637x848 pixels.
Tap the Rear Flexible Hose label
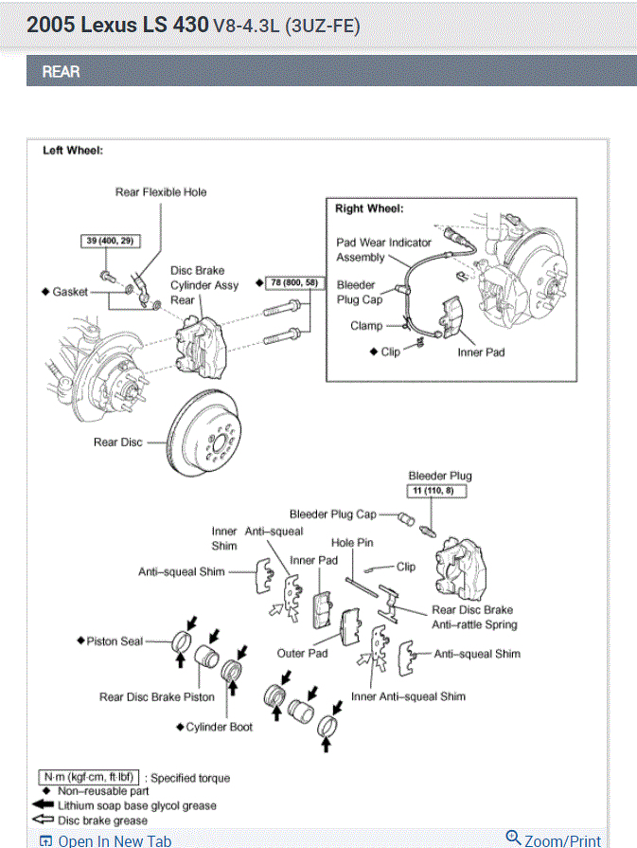[161, 192]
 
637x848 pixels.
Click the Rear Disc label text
[117, 442]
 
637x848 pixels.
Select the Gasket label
[70, 292]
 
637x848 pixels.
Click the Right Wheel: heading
[369, 208]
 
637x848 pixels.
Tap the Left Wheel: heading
[73, 151]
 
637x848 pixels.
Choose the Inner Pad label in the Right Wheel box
[482, 352]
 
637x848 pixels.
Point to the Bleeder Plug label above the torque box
[440, 476]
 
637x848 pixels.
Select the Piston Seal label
[115, 641]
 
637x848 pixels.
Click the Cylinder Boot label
[220, 727]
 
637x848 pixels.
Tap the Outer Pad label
[302, 653]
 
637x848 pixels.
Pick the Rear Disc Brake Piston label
[157, 697]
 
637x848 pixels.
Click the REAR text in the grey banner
[61, 71]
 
